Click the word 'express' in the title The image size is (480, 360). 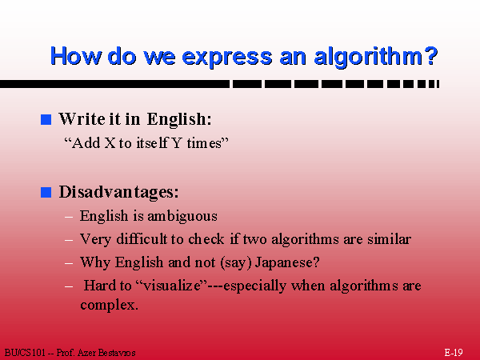(x=227, y=57)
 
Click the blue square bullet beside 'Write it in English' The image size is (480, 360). (x=46, y=119)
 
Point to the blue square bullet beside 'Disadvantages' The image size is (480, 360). (x=46, y=192)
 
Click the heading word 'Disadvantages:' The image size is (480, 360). (x=118, y=192)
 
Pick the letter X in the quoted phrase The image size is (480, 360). (x=110, y=143)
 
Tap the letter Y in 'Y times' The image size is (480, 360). (x=177, y=143)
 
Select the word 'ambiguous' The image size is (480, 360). (x=182, y=217)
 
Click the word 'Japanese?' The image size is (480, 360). (x=287, y=262)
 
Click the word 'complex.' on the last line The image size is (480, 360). (x=109, y=306)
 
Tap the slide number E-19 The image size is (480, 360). (x=454, y=352)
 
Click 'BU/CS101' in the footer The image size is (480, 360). (x=25, y=353)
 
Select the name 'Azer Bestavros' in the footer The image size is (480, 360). (x=106, y=353)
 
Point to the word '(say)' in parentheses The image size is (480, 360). (x=235, y=262)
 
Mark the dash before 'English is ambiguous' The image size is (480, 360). (x=69, y=218)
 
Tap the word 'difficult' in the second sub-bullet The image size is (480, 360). (x=142, y=239)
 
